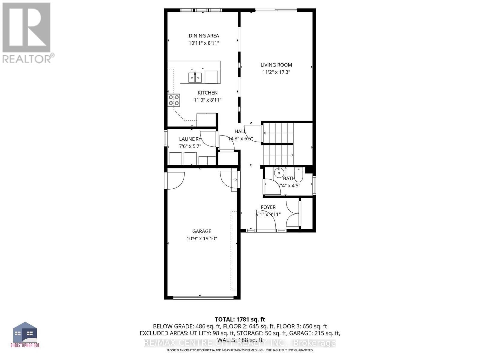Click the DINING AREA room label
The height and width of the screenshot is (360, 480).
click(204, 36)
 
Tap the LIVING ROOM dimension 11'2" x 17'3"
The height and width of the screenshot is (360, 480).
click(276, 72)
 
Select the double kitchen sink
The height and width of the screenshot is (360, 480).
click(195, 77)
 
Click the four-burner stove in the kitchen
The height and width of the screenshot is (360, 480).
click(174, 100)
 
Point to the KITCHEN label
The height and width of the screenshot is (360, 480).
click(208, 93)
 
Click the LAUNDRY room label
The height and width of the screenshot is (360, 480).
click(190, 139)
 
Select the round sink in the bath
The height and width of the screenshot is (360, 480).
click(279, 173)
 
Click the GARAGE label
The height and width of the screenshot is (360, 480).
click(202, 231)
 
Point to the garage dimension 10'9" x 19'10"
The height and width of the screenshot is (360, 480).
click(202, 239)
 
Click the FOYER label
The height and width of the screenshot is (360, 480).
click(268, 207)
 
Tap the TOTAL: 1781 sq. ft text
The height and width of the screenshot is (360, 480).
click(240, 319)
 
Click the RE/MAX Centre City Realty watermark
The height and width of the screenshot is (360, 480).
click(240, 343)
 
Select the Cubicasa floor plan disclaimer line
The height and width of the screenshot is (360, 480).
click(240, 350)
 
